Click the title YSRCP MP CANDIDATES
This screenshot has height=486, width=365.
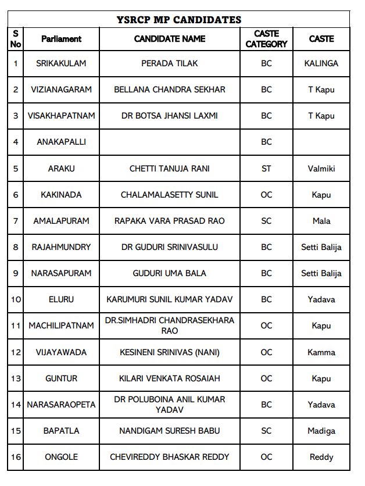178,20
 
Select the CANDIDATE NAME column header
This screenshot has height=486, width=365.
169,39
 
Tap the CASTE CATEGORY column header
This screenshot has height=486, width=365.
266,39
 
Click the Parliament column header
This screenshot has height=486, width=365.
61,39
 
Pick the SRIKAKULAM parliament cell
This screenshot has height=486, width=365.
61,63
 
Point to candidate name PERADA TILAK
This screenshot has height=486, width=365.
169,63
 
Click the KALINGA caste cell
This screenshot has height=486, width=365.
321,63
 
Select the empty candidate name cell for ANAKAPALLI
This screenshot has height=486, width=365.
169,142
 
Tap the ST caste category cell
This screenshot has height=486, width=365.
266,169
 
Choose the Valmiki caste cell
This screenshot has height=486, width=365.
321,169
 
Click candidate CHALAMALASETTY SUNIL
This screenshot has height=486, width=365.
169,195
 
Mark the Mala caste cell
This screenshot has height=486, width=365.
321,221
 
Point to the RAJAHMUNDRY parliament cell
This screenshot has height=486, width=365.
61,247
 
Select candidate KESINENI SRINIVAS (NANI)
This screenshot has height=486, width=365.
169,352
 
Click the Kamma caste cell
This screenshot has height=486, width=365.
321,352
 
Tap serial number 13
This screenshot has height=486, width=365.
16,378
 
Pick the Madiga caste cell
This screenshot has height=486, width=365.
321,431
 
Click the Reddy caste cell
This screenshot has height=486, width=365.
321,457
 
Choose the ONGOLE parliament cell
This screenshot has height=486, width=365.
61,457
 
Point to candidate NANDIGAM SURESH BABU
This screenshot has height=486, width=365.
169,431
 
